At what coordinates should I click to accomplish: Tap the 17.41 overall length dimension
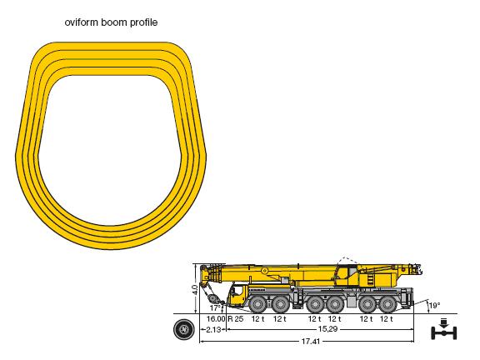click(x=311, y=342)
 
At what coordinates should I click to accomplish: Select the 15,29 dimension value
click(x=327, y=329)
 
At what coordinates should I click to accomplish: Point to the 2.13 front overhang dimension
click(x=213, y=329)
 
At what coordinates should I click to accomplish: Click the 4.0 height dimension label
click(x=194, y=290)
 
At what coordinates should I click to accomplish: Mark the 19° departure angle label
click(x=434, y=306)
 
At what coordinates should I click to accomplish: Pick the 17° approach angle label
click(x=215, y=307)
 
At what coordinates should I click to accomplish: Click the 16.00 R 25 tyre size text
click(x=225, y=319)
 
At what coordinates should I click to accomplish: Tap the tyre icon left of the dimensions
click(x=183, y=329)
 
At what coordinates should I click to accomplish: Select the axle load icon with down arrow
click(x=444, y=329)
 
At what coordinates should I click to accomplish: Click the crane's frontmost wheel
click(x=258, y=305)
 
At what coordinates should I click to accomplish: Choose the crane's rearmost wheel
click(x=387, y=305)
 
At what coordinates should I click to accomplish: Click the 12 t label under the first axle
click(x=257, y=319)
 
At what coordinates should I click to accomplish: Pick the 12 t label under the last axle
click(x=387, y=319)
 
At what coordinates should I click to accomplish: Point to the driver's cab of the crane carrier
click(x=237, y=294)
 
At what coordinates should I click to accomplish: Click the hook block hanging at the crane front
click(x=211, y=298)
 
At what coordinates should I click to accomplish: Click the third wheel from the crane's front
click(x=315, y=305)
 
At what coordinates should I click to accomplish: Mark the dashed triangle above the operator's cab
click(x=346, y=261)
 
